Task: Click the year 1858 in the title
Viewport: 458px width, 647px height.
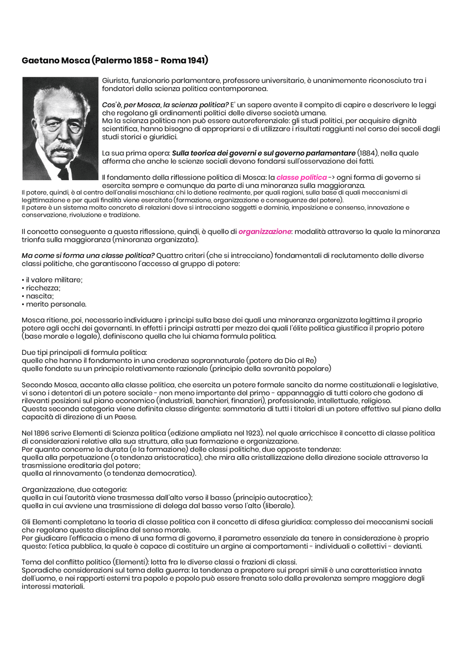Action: pos(143,60)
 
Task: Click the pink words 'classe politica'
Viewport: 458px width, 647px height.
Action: pos(301,177)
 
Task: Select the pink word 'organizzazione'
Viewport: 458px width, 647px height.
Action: pos(264,232)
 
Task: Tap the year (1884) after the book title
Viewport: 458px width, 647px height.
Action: pos(367,153)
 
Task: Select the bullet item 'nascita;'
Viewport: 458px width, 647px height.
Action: pos(40,296)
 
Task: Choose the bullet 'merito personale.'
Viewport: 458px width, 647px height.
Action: pos(56,304)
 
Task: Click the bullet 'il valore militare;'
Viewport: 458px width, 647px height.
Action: pos(54,280)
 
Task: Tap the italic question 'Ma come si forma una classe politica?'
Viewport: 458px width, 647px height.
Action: pos(88,256)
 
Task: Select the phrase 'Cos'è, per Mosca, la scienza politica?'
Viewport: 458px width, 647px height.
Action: pos(165,105)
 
